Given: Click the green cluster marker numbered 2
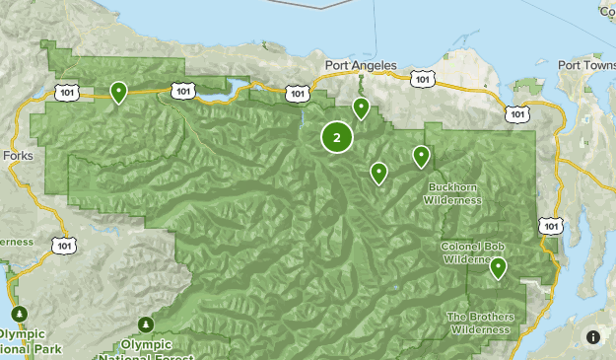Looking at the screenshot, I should [x=337, y=138].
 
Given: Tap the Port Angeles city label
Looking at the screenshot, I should [x=361, y=66].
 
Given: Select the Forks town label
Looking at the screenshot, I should [x=18, y=156].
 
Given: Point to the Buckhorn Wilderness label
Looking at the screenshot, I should [x=452, y=193].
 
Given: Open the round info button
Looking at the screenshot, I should [x=593, y=336].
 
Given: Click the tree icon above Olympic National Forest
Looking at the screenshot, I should [x=147, y=324].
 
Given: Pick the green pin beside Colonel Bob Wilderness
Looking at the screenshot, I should [x=499, y=267].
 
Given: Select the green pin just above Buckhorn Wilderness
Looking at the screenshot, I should [x=422, y=156].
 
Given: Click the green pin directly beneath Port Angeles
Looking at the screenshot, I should [x=362, y=108].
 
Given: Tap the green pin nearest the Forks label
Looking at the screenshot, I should [x=118, y=92].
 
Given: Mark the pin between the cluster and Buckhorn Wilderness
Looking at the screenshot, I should [x=378, y=174].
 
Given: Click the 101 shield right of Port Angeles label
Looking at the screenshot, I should [x=422, y=78].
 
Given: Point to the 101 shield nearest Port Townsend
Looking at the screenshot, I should [x=518, y=114].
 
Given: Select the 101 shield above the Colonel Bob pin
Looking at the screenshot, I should [x=552, y=227].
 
